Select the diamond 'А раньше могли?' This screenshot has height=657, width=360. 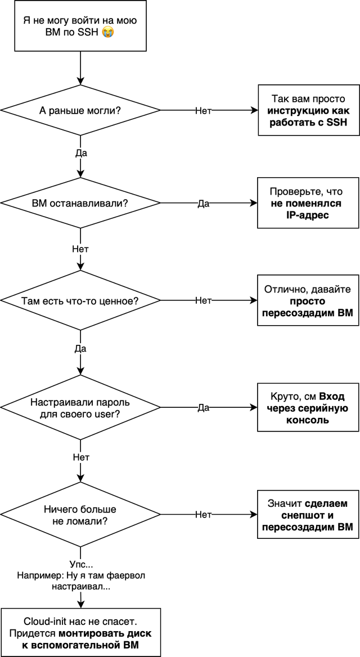80,110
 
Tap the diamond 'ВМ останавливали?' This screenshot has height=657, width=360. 80,203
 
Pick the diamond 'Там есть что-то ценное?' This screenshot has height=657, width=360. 80,301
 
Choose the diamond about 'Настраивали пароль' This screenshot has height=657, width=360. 80,408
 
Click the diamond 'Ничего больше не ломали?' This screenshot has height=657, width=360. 80,515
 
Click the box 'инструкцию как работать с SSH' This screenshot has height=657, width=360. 308,110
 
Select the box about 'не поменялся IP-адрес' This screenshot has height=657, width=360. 308,203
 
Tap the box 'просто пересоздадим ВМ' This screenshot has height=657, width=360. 308,301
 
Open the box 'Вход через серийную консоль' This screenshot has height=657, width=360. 308,408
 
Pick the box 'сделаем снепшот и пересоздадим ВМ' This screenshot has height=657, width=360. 308,515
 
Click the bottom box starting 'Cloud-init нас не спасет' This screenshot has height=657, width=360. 80,632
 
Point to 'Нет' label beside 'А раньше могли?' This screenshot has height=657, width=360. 203,111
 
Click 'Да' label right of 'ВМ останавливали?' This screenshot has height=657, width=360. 204,204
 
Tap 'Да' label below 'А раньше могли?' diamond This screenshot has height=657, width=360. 80,152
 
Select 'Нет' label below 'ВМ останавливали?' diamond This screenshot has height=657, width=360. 80,248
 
